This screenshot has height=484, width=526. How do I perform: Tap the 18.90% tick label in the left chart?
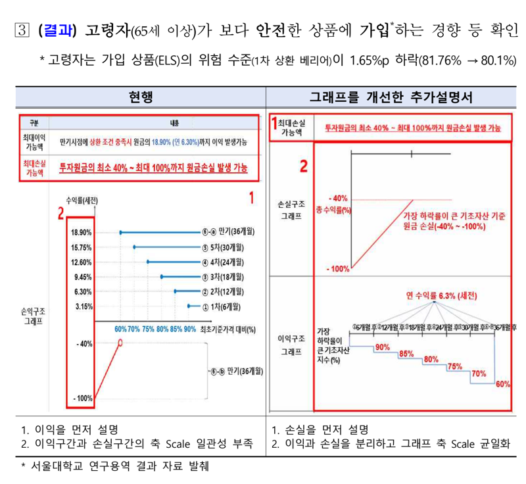82,233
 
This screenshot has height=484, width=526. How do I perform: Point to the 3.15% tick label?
83,306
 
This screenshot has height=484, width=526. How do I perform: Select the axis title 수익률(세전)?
84,200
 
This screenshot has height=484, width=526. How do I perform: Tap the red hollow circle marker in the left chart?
120,342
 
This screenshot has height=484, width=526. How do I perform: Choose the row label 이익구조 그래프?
290,345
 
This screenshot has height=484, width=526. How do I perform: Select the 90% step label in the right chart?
383,347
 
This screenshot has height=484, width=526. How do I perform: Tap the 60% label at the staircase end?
503,384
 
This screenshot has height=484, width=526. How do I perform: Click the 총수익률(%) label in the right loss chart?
333,209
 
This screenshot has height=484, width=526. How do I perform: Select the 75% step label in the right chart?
454,366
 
